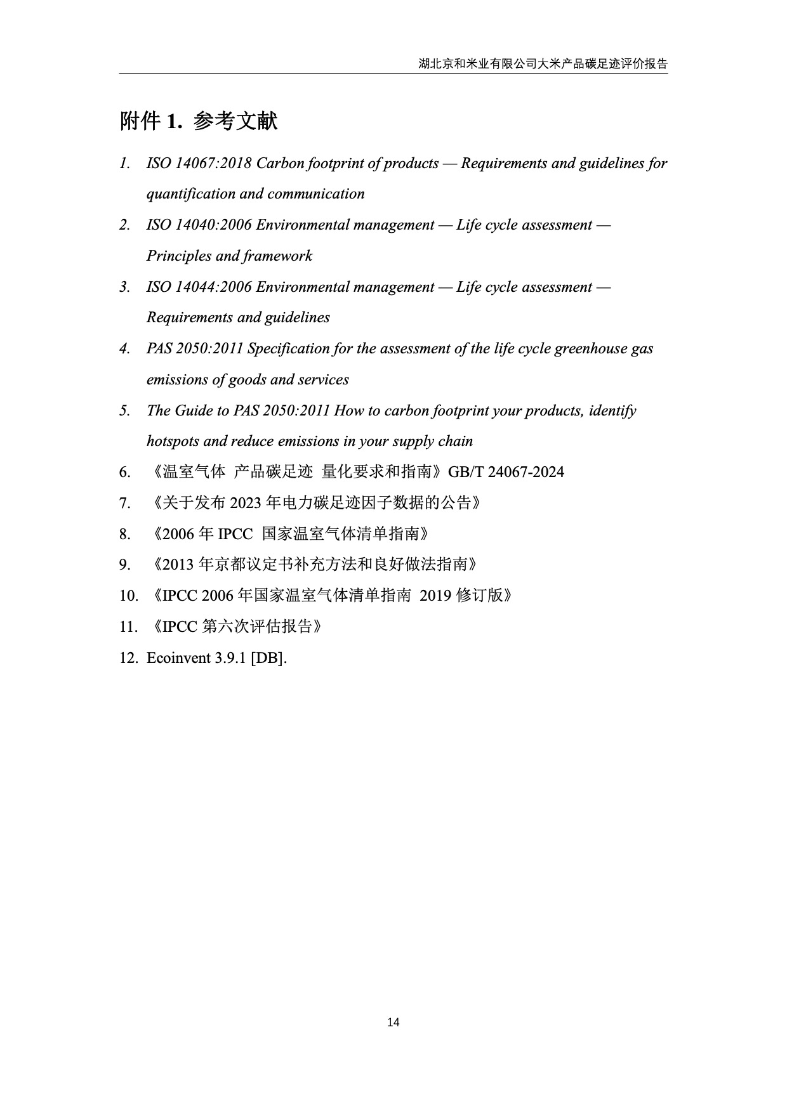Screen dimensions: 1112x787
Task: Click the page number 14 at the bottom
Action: (393, 1022)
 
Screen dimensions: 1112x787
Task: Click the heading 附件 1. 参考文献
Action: (199, 121)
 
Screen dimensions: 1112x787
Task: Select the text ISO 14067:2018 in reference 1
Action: (199, 164)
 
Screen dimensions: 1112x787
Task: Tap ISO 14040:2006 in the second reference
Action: (199, 225)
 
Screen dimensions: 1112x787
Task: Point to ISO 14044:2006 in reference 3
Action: (199, 287)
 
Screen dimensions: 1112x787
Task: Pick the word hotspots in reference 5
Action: (173, 442)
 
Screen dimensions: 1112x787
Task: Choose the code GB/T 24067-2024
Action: (506, 472)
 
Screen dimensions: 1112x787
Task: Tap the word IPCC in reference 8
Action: (235, 534)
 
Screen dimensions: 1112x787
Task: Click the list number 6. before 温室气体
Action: (125, 472)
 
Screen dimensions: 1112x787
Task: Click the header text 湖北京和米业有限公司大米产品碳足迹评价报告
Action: (543, 64)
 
